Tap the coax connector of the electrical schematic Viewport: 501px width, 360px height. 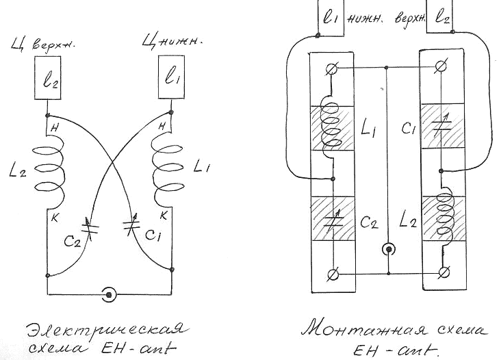tap(107, 295)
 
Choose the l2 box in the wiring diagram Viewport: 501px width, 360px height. tap(441, 18)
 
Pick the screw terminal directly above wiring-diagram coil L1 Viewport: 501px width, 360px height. tap(333, 68)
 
